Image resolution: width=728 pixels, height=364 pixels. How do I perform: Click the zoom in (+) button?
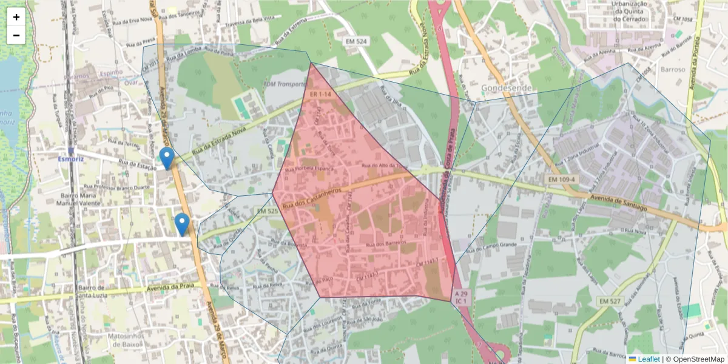(16, 17)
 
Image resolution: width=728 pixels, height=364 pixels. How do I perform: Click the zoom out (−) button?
(16, 35)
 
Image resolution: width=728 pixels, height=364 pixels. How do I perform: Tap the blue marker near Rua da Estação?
(166, 158)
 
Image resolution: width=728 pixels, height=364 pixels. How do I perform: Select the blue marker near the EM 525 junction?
(181, 224)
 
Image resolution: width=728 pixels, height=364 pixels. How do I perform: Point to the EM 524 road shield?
(356, 41)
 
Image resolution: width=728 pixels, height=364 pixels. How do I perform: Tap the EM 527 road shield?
(611, 301)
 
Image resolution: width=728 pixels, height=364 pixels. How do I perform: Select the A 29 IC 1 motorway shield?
(461, 297)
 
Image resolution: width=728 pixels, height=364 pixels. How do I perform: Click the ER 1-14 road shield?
(320, 95)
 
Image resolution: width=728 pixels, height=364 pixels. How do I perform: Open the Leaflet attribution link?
(648, 359)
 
